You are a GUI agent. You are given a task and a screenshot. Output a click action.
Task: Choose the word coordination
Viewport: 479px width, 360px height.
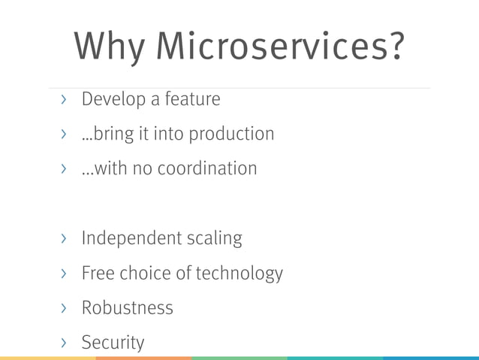[206, 168]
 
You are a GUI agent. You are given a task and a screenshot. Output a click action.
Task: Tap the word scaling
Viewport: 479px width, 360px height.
[213, 240]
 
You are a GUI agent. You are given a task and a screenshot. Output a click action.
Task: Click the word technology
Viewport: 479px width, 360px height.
[239, 274]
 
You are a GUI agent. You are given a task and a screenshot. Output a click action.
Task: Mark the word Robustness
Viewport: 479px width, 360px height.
[127, 307]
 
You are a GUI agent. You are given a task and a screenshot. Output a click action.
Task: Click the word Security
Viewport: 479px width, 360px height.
[113, 343]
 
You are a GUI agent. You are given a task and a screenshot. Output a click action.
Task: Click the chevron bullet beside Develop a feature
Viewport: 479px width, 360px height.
[64, 99]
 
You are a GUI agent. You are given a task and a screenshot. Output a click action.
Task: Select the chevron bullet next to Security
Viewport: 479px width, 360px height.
[64, 343]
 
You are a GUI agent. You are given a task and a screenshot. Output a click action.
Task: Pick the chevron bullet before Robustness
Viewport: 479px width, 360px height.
[64, 307]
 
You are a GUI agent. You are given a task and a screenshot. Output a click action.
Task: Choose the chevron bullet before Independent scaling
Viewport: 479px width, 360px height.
[64, 239]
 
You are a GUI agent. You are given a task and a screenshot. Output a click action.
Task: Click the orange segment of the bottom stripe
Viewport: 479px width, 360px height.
[143, 358]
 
